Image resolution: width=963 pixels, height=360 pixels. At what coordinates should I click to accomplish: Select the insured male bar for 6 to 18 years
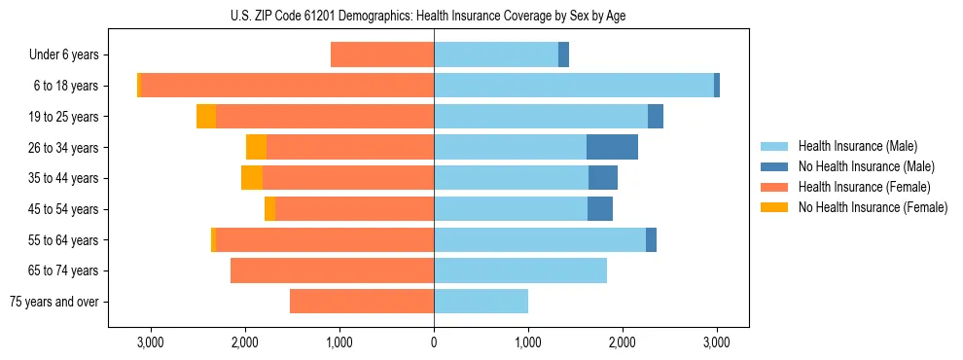pyautogui.click(x=574, y=86)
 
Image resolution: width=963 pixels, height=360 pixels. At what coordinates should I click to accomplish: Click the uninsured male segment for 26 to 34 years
pyautogui.click(x=612, y=147)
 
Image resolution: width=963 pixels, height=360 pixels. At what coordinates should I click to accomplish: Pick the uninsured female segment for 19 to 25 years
pyautogui.click(x=206, y=117)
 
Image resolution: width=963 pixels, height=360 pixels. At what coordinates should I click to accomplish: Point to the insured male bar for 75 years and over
pyautogui.click(x=481, y=302)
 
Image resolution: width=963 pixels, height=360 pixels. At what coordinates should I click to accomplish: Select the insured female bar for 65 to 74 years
pyautogui.click(x=332, y=270)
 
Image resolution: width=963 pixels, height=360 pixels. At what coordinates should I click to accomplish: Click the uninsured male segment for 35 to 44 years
pyautogui.click(x=603, y=178)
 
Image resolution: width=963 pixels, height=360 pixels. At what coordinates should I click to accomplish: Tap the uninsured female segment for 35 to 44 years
pyautogui.click(x=252, y=178)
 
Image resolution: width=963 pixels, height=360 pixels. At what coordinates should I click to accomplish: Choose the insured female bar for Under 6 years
pyautogui.click(x=382, y=54)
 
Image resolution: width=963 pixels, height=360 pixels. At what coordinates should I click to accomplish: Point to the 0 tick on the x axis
pyautogui.click(x=434, y=343)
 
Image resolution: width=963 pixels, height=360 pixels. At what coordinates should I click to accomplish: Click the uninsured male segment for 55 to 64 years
pyautogui.click(x=651, y=239)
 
